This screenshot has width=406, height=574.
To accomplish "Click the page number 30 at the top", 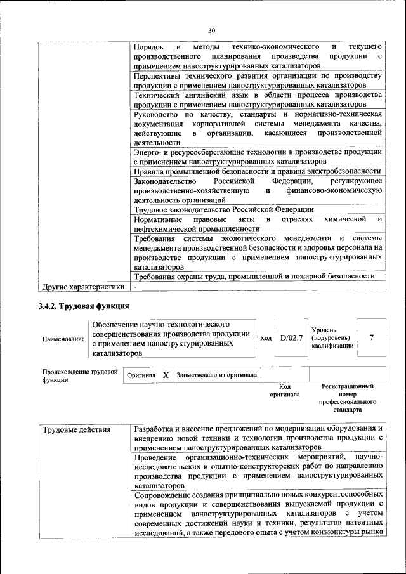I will (x=212, y=30).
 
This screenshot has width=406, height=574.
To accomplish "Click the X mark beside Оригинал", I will (x=166, y=375).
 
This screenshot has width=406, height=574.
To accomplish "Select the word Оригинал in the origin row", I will (x=141, y=375).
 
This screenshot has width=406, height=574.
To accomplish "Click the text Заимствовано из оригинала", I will (x=217, y=375).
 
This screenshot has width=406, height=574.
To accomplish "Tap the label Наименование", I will (x=63, y=339).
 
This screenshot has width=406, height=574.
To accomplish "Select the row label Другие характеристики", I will (x=82, y=286).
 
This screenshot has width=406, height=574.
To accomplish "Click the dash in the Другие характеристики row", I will (x=135, y=286).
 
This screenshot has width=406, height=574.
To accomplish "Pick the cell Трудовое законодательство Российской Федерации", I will (x=223, y=210).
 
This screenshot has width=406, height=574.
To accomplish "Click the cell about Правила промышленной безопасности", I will (x=257, y=172).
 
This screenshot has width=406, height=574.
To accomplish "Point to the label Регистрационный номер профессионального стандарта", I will (x=347, y=398).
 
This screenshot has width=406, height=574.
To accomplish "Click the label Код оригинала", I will (x=285, y=390).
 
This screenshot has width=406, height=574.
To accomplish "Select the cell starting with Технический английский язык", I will (x=257, y=100).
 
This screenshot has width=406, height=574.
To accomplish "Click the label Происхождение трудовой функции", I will (x=80, y=375).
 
